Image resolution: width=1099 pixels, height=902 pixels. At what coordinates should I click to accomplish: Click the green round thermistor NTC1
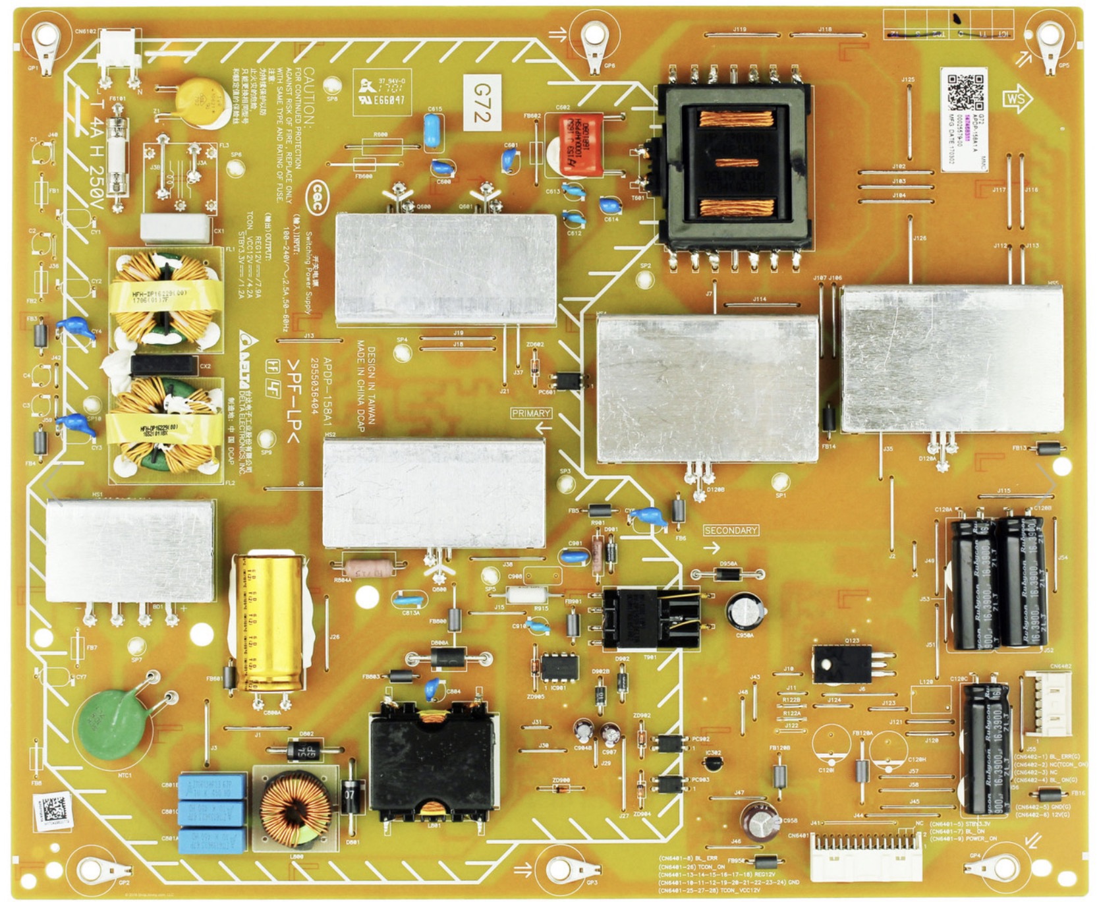(112, 723)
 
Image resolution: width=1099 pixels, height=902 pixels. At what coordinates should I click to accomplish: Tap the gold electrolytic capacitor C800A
(269, 623)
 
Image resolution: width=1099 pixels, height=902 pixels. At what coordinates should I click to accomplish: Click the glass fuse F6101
(118, 155)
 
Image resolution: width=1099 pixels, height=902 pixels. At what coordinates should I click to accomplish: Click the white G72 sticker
(482, 103)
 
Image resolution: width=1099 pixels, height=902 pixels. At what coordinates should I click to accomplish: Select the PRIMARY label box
(530, 413)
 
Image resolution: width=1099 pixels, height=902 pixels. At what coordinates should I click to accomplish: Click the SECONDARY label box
(730, 530)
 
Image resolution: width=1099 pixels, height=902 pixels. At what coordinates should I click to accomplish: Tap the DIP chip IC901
(559, 667)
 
